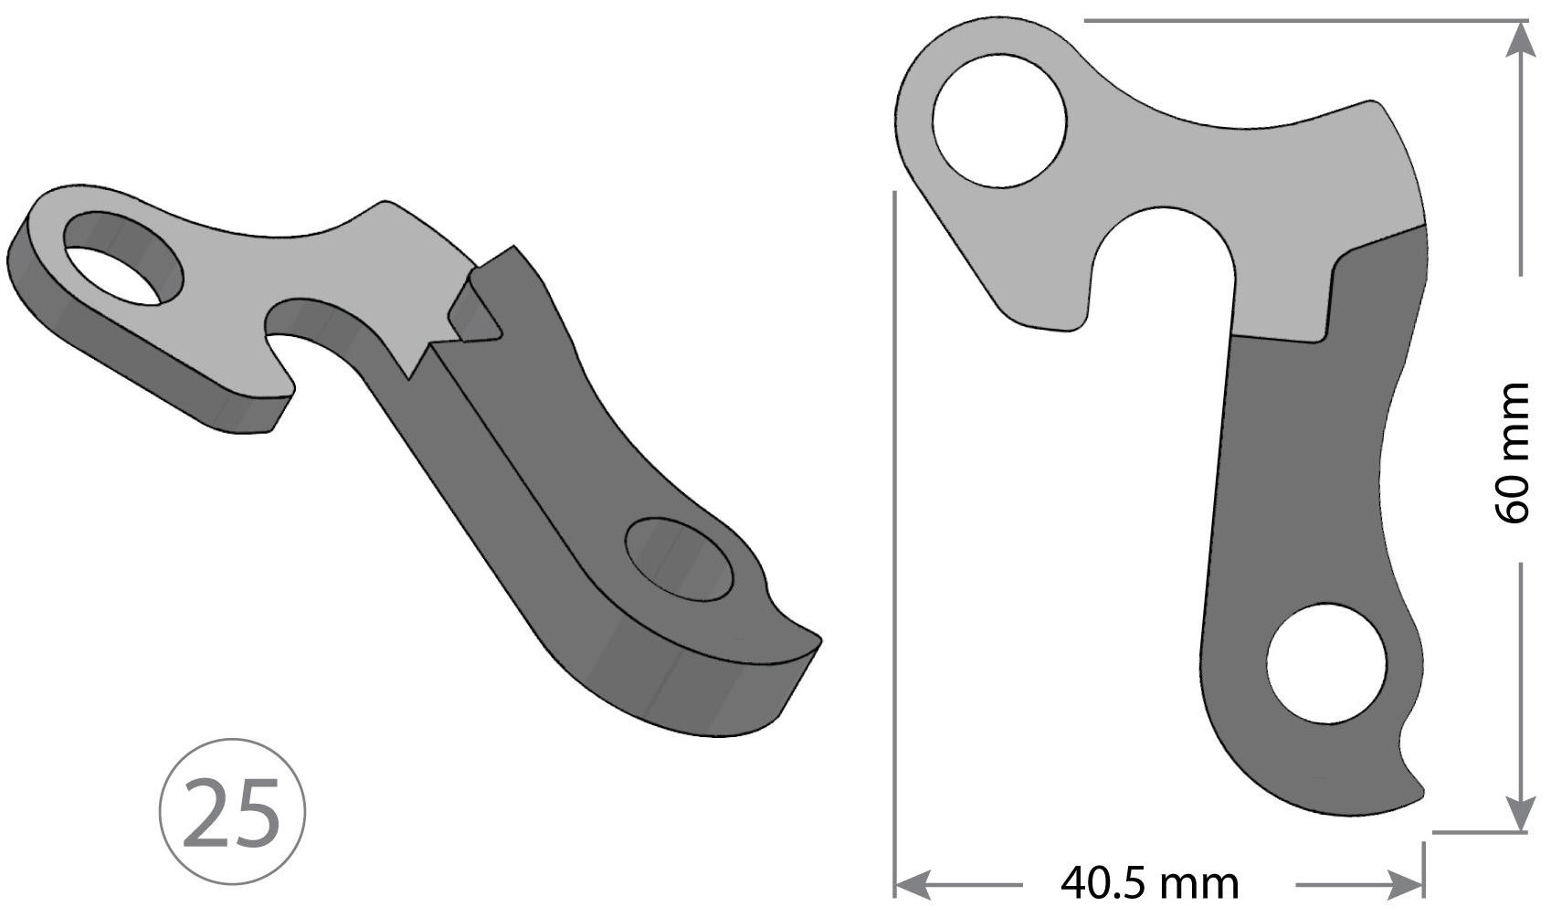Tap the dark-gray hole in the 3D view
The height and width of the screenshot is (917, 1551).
(680, 560)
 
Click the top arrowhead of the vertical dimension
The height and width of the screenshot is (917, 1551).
(1519, 41)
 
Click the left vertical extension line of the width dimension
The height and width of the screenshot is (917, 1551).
(894, 548)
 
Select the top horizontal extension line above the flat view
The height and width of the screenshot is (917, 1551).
(1297, 20)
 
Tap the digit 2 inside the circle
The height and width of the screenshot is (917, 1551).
(208, 812)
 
